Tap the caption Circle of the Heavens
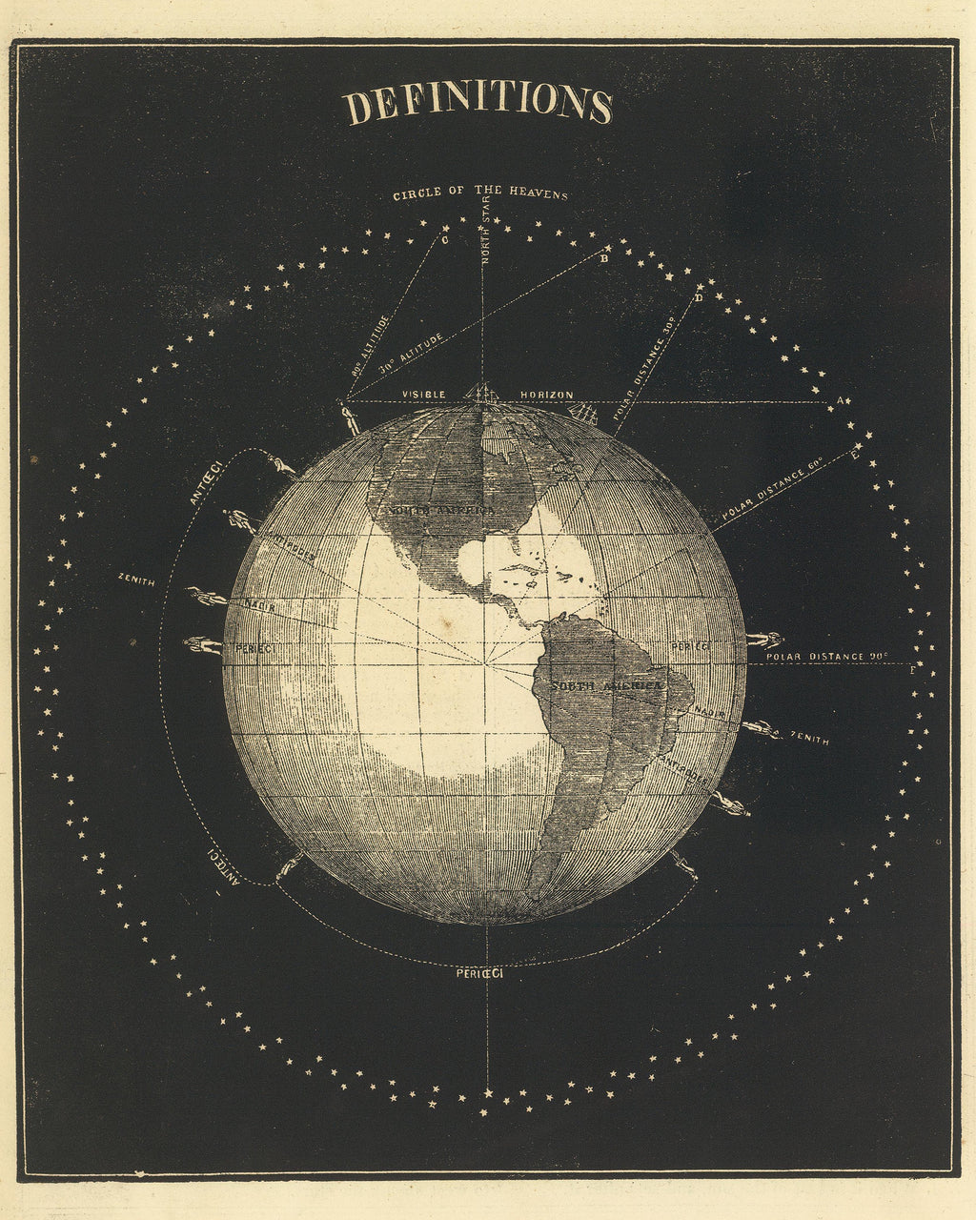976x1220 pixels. pyautogui.click(x=480, y=194)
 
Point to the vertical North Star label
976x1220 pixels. pyautogui.click(x=485, y=234)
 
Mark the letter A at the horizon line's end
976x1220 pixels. pyautogui.click(x=840, y=399)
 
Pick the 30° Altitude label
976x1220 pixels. pyautogui.click(x=411, y=352)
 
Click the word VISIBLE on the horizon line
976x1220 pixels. pyautogui.click(x=423, y=395)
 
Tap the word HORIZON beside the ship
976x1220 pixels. pyautogui.click(x=547, y=395)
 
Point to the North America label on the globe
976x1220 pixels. pyautogui.click(x=440, y=511)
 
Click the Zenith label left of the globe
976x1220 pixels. pyautogui.click(x=136, y=579)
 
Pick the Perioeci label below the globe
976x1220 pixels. pyautogui.click(x=479, y=973)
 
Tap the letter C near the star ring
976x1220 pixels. pyautogui.click(x=445, y=240)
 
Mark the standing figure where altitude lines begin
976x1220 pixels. pyautogui.click(x=350, y=416)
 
